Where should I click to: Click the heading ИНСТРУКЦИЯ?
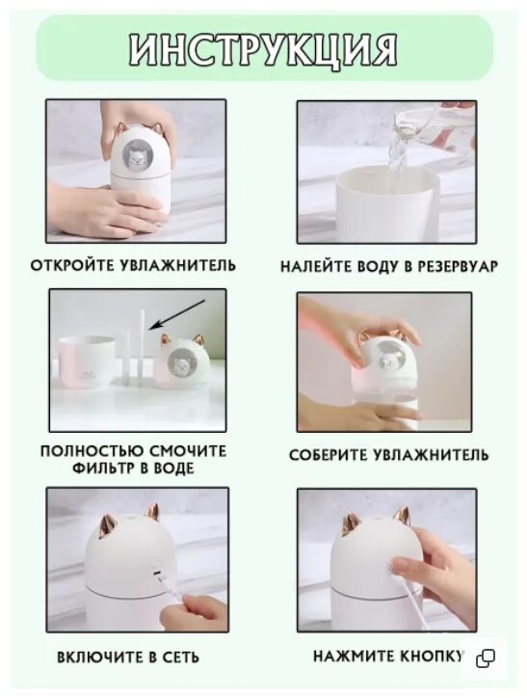264,48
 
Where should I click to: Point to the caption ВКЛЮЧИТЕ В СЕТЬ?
128,657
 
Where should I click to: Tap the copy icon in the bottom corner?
486,658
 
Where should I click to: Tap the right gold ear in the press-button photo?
400,516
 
